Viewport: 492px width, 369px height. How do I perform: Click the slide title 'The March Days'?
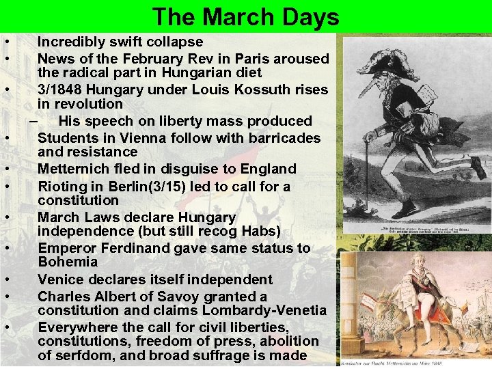pos(245,16)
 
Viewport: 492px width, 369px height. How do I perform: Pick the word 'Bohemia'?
pos(68,262)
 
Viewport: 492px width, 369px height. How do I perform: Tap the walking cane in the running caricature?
pos(369,164)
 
